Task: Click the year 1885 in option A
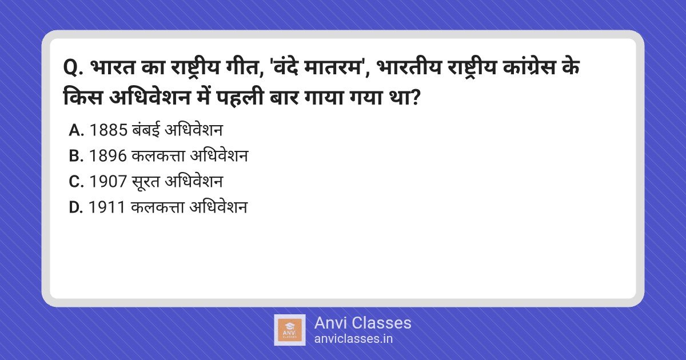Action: coord(108,130)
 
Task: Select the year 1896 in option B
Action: coord(108,156)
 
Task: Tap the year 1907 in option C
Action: coord(108,182)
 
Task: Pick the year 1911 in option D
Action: coord(107,207)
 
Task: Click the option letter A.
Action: coord(76,130)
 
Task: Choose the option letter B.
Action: coord(76,156)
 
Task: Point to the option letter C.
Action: coord(76,182)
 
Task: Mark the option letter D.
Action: coord(76,207)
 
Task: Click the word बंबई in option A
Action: coord(146,130)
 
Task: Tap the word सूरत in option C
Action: coord(146,182)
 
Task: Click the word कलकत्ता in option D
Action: coord(157,207)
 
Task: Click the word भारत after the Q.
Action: coord(113,67)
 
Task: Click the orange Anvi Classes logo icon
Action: coord(289,330)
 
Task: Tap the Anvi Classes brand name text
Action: coord(362,323)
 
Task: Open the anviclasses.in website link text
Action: coord(353,339)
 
